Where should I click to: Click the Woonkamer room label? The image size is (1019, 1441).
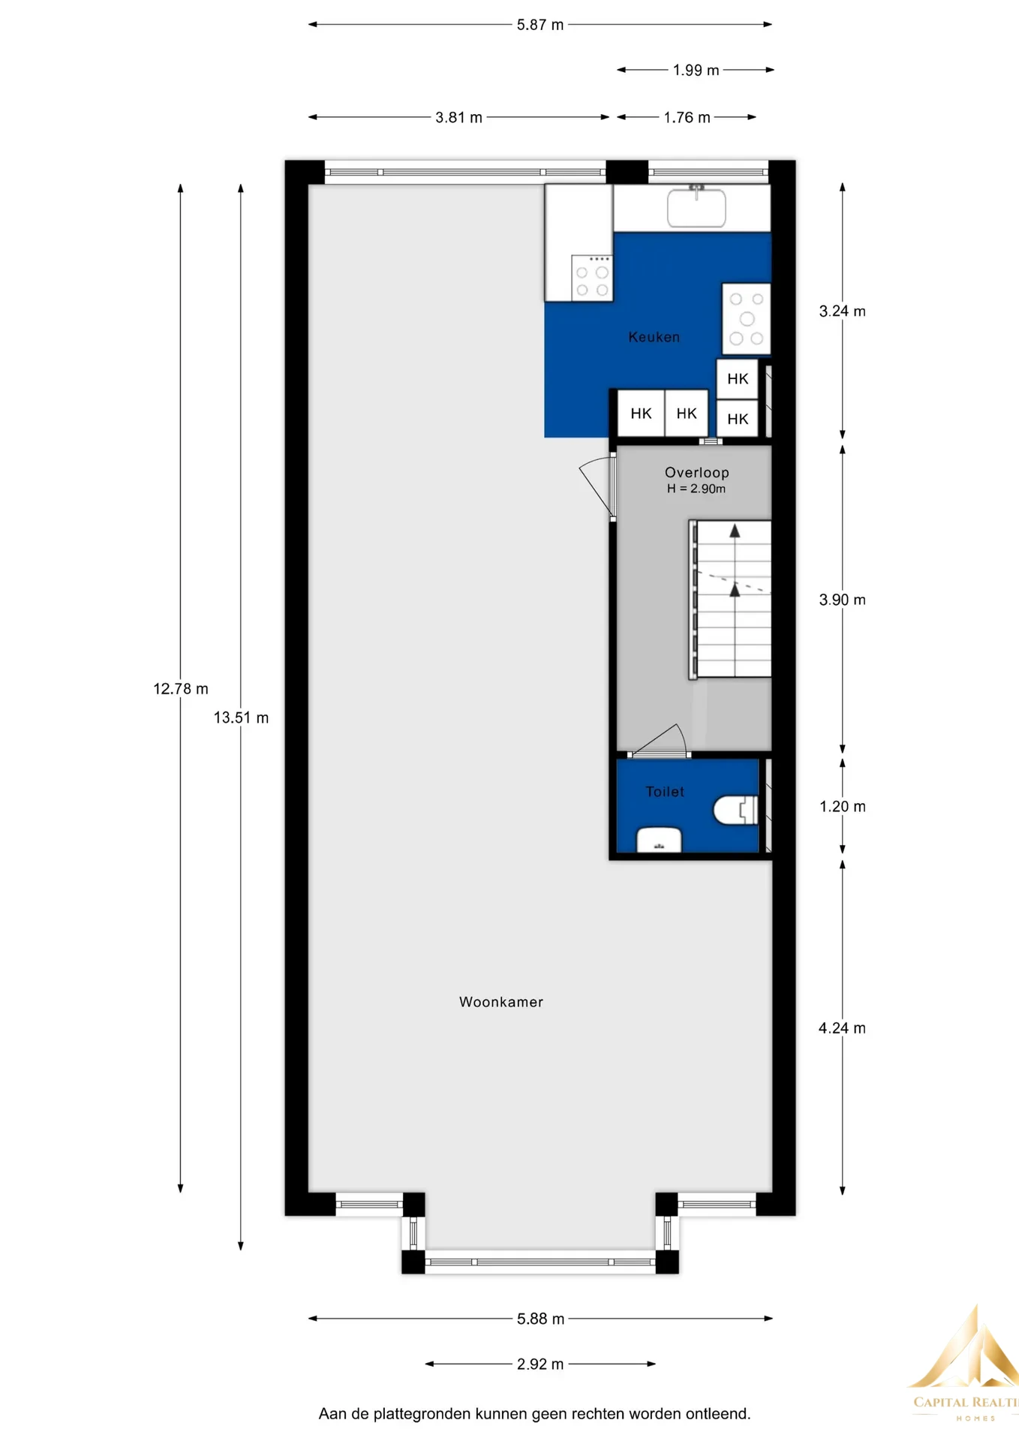point(501,1002)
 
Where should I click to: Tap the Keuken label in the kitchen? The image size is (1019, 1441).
point(654,337)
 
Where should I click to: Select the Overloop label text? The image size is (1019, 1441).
point(697,473)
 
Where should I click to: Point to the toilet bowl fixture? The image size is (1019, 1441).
point(735,811)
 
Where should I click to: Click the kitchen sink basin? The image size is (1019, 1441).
point(696,207)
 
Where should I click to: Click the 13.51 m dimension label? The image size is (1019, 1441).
point(241,717)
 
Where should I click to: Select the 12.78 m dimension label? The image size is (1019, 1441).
point(181,689)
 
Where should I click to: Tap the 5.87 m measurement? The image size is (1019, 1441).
point(540,25)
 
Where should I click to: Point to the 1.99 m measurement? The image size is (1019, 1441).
point(696,71)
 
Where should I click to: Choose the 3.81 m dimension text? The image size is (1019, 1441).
point(459,118)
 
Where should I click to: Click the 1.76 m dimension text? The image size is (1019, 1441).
point(687,118)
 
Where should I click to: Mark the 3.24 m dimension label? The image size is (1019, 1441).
point(843,311)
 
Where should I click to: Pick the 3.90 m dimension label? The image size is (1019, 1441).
point(843,600)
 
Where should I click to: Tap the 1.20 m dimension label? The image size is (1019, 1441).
point(843,807)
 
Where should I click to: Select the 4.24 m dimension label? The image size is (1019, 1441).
point(843,1028)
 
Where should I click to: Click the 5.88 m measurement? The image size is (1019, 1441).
point(540,1319)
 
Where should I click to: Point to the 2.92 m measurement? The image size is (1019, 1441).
point(540,1364)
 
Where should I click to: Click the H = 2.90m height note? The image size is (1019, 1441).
point(696,489)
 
